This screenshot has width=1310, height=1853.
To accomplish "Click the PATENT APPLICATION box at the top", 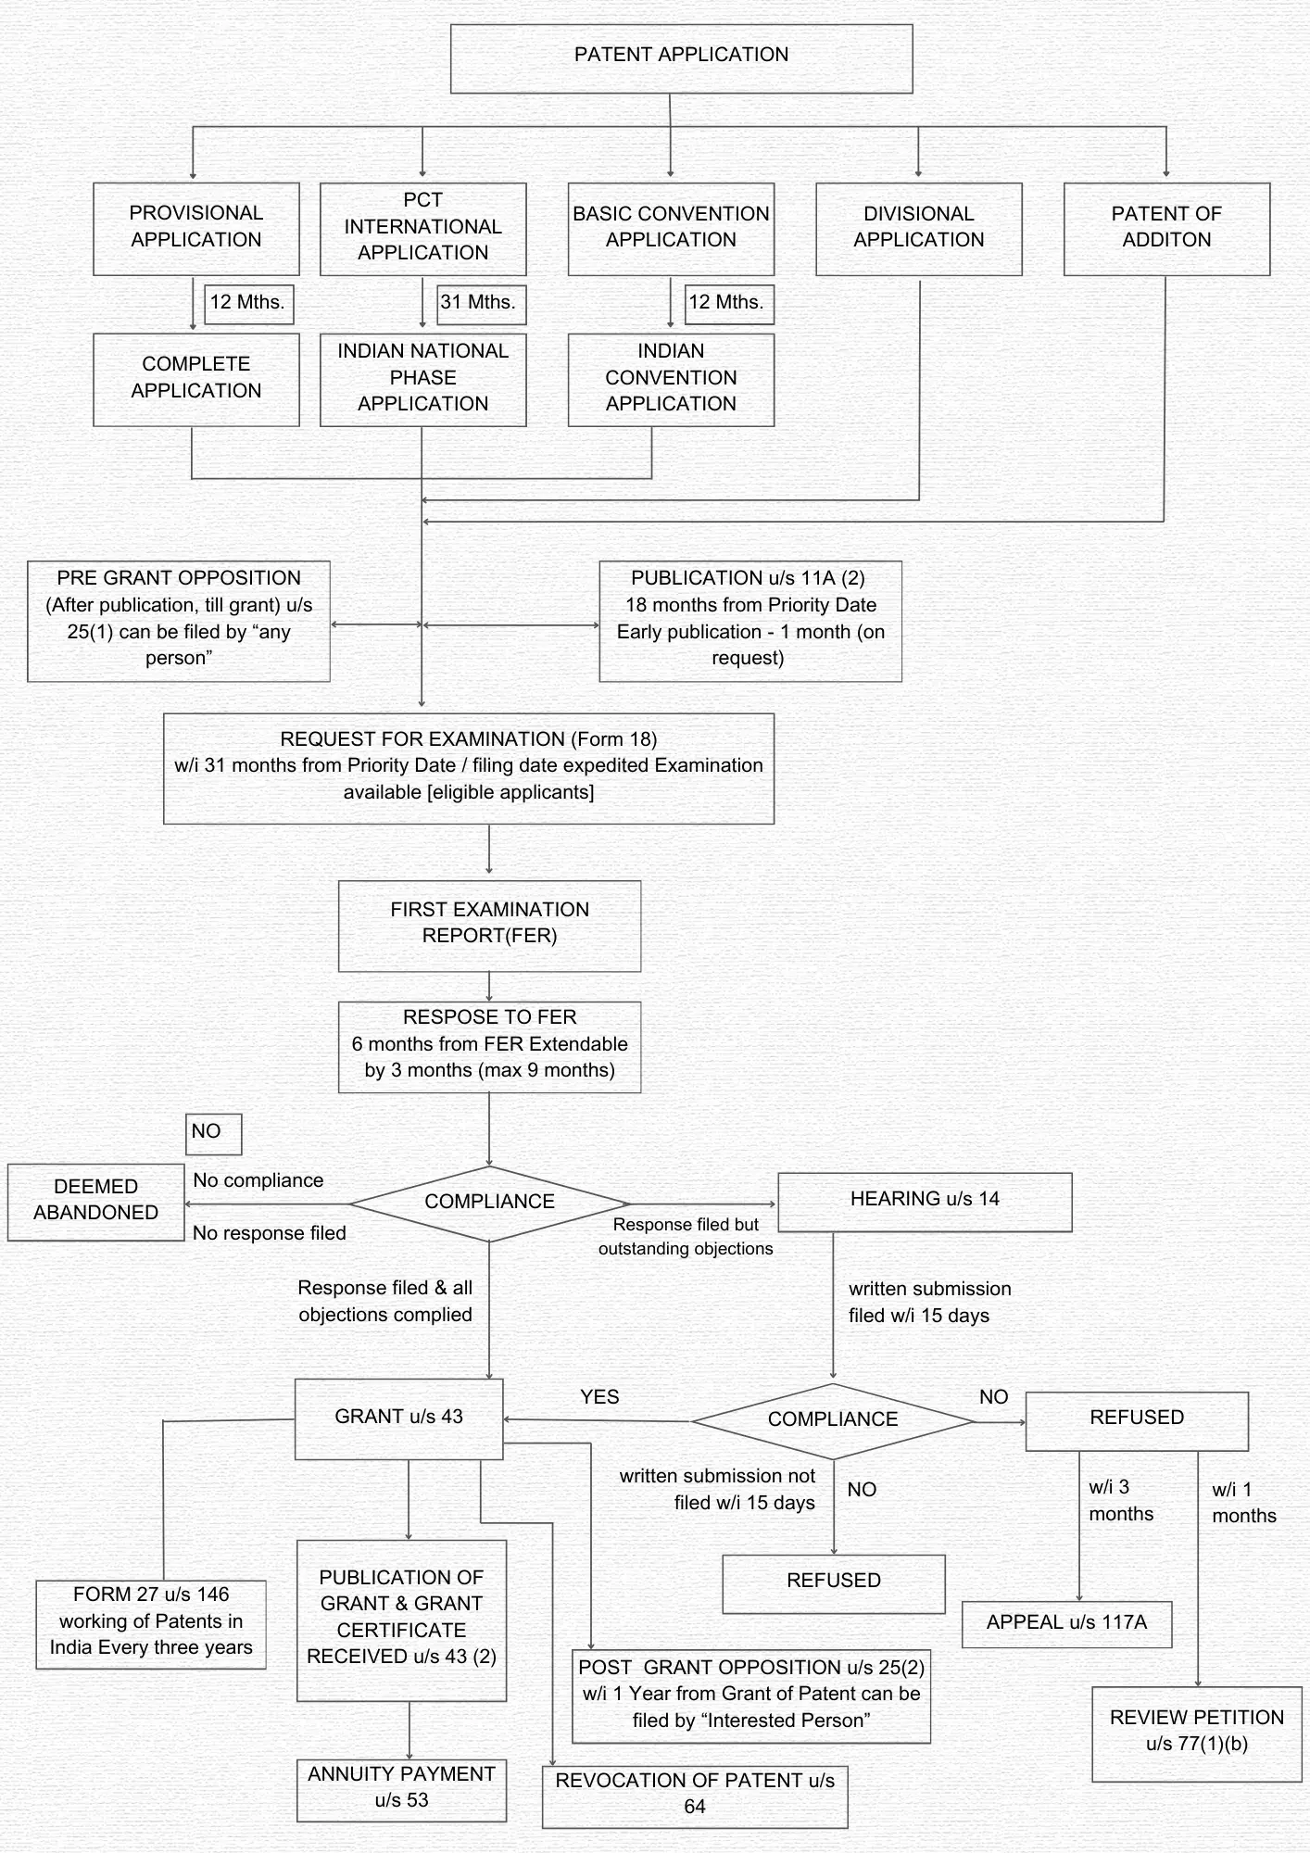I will [681, 58].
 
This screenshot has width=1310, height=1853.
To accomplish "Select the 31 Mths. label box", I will [481, 303].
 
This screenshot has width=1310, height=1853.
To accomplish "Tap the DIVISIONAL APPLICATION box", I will [918, 228].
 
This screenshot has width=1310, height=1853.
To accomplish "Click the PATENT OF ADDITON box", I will [1166, 228].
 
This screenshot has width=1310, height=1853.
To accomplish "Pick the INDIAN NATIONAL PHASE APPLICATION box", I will [422, 379].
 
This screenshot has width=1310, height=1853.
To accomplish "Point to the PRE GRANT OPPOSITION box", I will [179, 620].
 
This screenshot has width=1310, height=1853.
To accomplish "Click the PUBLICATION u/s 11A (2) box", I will [749, 620].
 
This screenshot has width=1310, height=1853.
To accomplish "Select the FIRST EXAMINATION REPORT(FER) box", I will [489, 925].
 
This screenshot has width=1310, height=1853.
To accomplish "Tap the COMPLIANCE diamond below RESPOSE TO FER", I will [489, 1203].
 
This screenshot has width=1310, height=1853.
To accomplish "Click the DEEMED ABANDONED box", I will [95, 1201].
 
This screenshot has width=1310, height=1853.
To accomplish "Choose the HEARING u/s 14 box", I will [924, 1201].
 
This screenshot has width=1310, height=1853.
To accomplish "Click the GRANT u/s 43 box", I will [398, 1418].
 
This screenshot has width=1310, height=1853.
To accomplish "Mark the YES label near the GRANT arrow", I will [599, 1397].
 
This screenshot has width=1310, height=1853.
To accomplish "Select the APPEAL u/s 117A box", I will [1066, 1623].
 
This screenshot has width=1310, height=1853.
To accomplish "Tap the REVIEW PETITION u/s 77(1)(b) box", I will [1196, 1733].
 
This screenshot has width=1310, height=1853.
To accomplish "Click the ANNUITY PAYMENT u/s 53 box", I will [401, 1789].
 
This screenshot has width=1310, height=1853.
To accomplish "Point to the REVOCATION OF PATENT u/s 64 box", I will [694, 1796].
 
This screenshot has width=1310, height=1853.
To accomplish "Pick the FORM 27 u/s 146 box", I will [151, 1623].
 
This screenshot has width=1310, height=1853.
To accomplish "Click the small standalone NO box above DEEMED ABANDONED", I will [213, 1133].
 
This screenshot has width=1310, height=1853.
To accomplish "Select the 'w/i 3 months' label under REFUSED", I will [1120, 1501].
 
